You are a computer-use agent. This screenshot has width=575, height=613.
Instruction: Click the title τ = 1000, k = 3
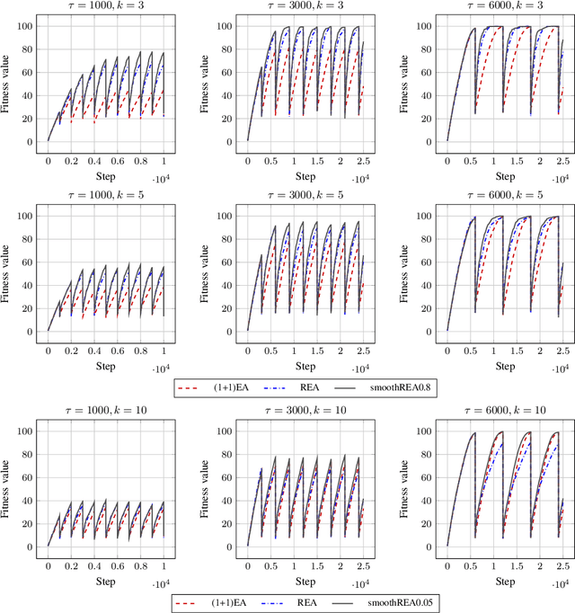pos(105,6)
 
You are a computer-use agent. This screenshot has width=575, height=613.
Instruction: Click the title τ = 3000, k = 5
pos(305,199)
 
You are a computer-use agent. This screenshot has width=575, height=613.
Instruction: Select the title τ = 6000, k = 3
pos(505,6)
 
